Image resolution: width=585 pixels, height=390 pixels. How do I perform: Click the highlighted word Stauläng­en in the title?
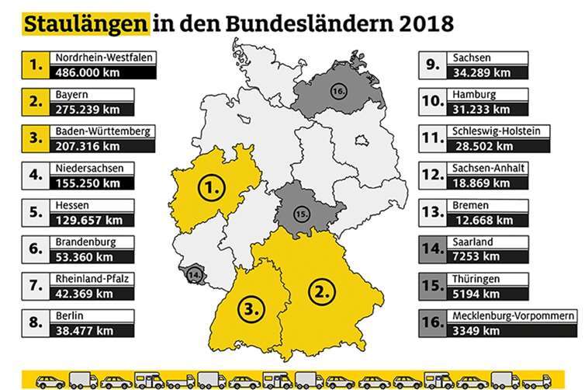(85, 23)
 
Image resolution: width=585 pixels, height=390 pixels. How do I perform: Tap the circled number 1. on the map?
(212, 187)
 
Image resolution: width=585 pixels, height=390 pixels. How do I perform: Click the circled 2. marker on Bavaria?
(321, 293)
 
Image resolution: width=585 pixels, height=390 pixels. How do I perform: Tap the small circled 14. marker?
(192, 274)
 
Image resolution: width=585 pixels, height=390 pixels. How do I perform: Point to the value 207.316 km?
(82, 145)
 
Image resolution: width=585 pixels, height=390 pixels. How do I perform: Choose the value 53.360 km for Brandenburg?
(79, 256)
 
